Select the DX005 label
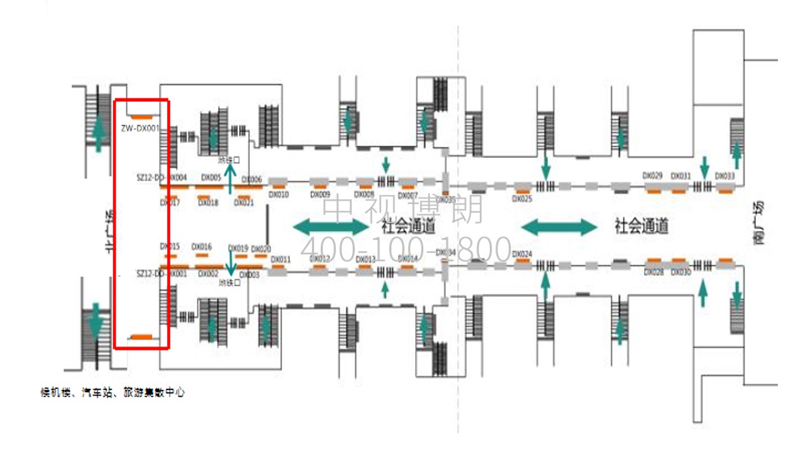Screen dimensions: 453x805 coord(211,178)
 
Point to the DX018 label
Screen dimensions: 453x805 coord(208,203)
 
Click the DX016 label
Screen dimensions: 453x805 coord(201,247)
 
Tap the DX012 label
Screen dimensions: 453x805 coord(319,259)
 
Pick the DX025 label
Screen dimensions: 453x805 coord(522,199)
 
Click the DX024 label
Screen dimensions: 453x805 coord(522,254)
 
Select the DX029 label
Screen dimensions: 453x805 coord(652,176)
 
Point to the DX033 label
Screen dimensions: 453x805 coord(725,176)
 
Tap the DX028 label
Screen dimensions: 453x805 coord(653,272)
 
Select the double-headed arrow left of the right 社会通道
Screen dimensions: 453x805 coord(559,226)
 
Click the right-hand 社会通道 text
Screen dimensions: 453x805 coord(641,226)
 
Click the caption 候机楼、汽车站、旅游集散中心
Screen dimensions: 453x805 coord(113,393)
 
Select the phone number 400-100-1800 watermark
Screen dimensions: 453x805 coord(406,249)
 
